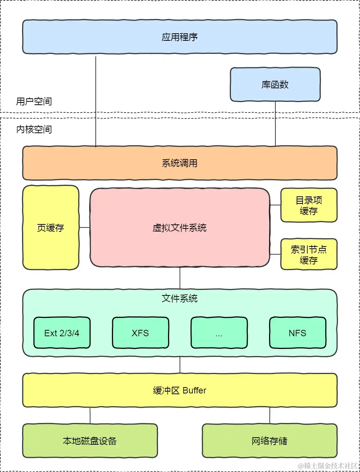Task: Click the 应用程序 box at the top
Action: coord(180,37)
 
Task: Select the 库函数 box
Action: coord(275,85)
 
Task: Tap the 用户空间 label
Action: coord(34,101)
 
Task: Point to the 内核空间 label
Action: coord(34,129)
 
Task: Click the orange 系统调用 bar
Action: coord(180,163)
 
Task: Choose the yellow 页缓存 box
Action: coord(51,228)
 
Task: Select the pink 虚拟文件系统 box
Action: coord(180,228)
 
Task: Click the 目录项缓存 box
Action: coord(309,205)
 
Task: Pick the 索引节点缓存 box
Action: coord(309,254)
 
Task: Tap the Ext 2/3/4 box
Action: coord(62,333)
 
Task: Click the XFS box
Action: coord(140,333)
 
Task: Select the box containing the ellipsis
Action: coord(219,333)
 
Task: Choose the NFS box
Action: coord(298,333)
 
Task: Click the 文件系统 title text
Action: coord(180,298)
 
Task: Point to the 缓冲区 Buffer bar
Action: coord(180,390)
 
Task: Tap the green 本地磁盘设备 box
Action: coord(90,441)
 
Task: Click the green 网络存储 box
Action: coord(269,441)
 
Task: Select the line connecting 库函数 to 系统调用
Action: coord(275,123)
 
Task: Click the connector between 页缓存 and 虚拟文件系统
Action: coord(85,227)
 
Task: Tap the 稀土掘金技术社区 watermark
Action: coord(328,466)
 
